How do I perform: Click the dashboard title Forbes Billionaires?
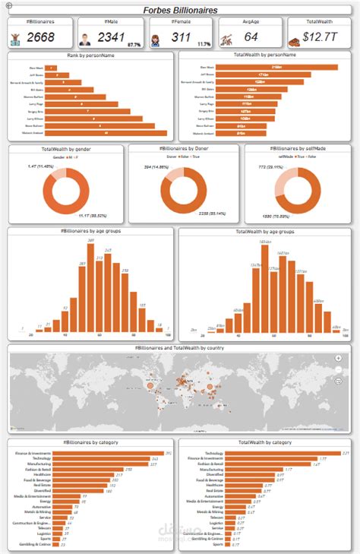[x=180, y=10]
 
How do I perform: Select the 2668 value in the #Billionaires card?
[x=41, y=36]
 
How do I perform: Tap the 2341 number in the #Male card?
[x=111, y=36]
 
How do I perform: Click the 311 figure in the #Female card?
[x=182, y=36]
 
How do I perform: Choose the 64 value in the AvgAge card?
[x=251, y=36]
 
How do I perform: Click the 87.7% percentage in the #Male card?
[x=134, y=44]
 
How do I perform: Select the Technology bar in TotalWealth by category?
[x=280, y=453]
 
